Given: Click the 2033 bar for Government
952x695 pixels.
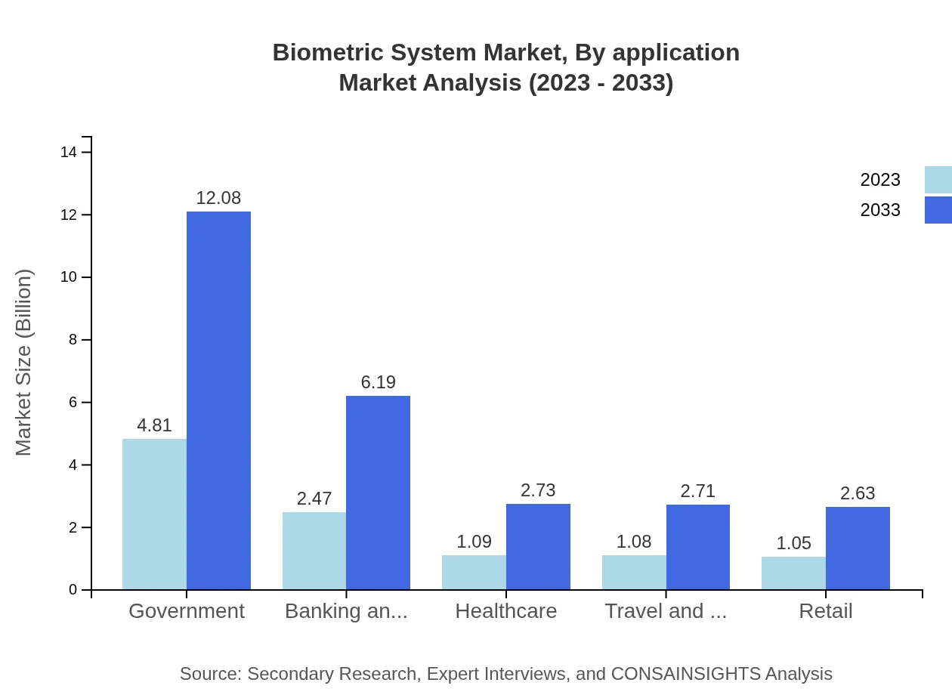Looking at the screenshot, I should (218, 400).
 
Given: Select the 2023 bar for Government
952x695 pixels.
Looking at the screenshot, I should (154, 514).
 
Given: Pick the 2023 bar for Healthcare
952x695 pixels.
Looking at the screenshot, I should (474, 573).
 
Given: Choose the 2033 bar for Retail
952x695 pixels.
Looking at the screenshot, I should (858, 548).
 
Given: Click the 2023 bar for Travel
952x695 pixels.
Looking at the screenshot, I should (634, 573).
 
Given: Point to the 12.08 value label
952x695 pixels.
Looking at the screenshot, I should (218, 198).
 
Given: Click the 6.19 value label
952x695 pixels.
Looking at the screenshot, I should (378, 382).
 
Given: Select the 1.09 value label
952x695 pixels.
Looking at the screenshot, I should (474, 542).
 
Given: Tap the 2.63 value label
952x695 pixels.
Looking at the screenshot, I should (858, 493).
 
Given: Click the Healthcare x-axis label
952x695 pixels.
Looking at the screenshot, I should (505, 611).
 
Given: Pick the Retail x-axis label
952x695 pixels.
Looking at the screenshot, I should (825, 611).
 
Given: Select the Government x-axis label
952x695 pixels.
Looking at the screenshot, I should (187, 611).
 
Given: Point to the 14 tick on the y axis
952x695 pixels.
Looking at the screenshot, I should (69, 153).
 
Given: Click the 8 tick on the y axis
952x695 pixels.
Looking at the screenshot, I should (73, 340).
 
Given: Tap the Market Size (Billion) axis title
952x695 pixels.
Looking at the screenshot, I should (24, 363).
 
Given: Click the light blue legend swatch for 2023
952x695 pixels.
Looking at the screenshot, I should (938, 180).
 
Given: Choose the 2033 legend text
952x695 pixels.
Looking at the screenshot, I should (880, 210).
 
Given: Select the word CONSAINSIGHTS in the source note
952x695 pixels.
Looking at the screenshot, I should (685, 674).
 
